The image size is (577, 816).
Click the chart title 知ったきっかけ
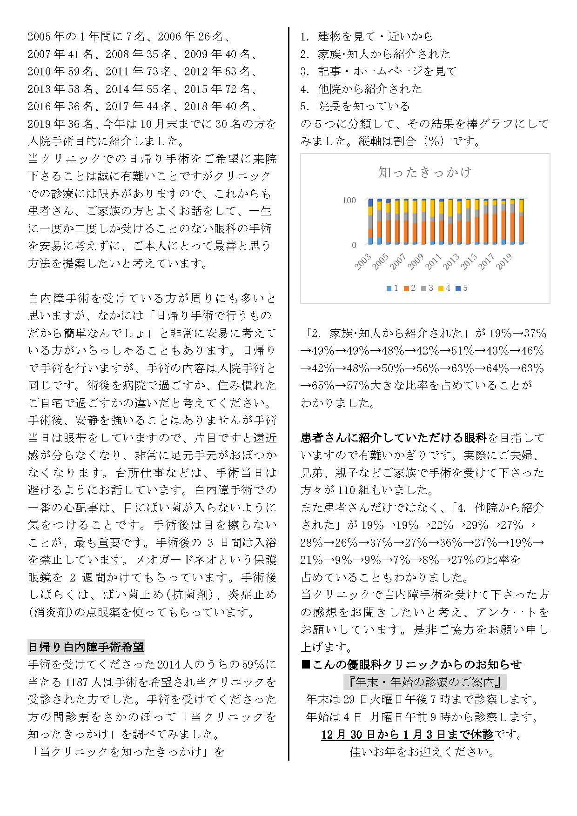425,173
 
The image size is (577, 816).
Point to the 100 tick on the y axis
349,201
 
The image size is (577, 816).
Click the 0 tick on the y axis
354,245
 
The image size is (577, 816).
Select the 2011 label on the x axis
434,261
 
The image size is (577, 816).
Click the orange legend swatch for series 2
406,288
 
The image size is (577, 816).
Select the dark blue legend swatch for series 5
458,288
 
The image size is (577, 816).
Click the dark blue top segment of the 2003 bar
370,202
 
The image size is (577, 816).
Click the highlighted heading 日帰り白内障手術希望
87,647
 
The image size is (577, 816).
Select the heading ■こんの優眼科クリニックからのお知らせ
411,664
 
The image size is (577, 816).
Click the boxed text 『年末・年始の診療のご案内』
424,682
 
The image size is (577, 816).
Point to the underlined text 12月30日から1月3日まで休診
407,734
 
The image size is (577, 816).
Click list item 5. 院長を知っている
355,106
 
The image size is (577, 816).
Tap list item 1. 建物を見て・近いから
367,36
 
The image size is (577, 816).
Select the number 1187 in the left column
77,682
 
